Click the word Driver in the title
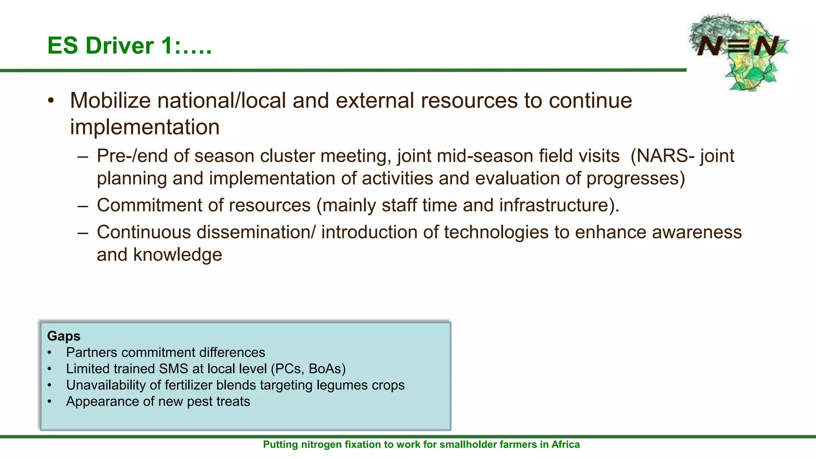tap(120, 45)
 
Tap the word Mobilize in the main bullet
tap(110, 100)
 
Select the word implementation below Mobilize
tap(145, 127)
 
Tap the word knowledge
tap(177, 255)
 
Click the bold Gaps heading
tap(64, 336)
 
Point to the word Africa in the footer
tap(565, 445)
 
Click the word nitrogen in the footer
tap(319, 445)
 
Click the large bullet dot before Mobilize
tap(51, 101)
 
